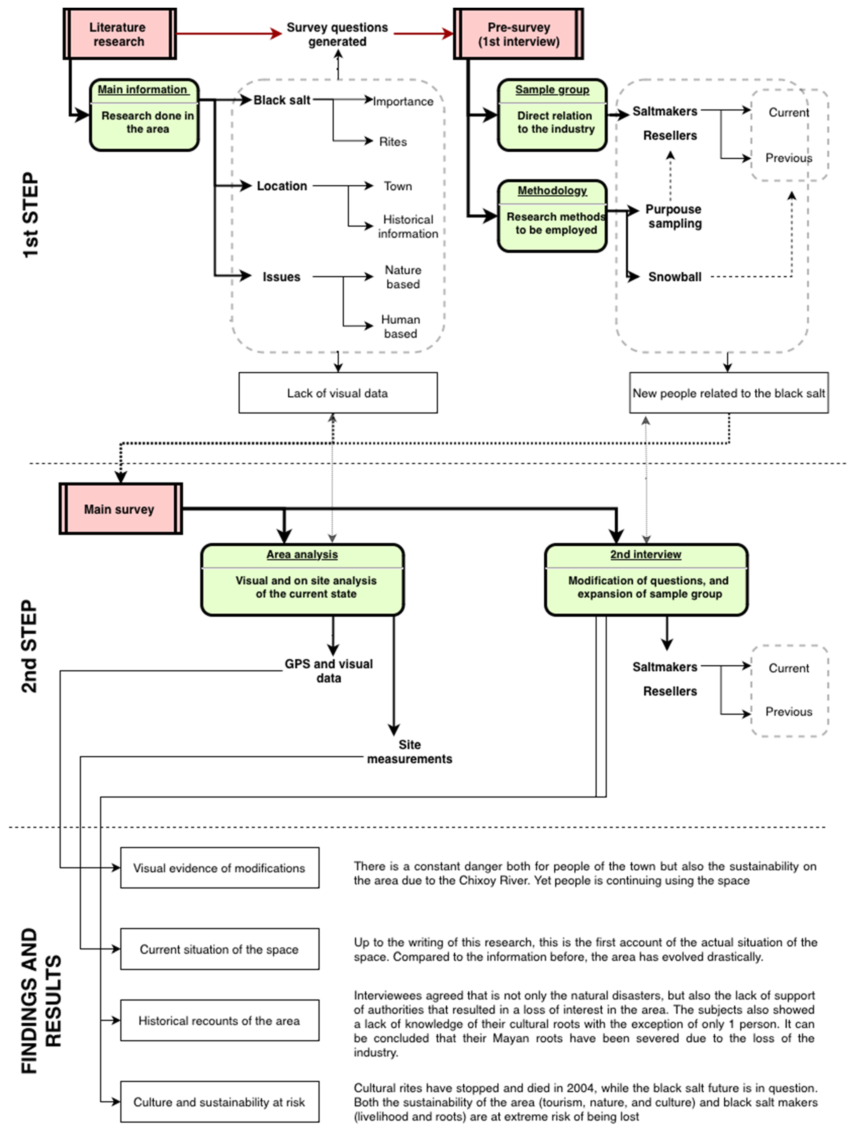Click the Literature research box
tap(119, 34)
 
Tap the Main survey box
tap(120, 509)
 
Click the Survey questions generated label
tap(337, 34)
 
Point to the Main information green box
tap(144, 115)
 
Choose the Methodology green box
tap(552, 216)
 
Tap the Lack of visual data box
tap(338, 393)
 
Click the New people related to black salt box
tap(728, 393)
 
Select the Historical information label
tap(408, 226)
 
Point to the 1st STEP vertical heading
tap(31, 215)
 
